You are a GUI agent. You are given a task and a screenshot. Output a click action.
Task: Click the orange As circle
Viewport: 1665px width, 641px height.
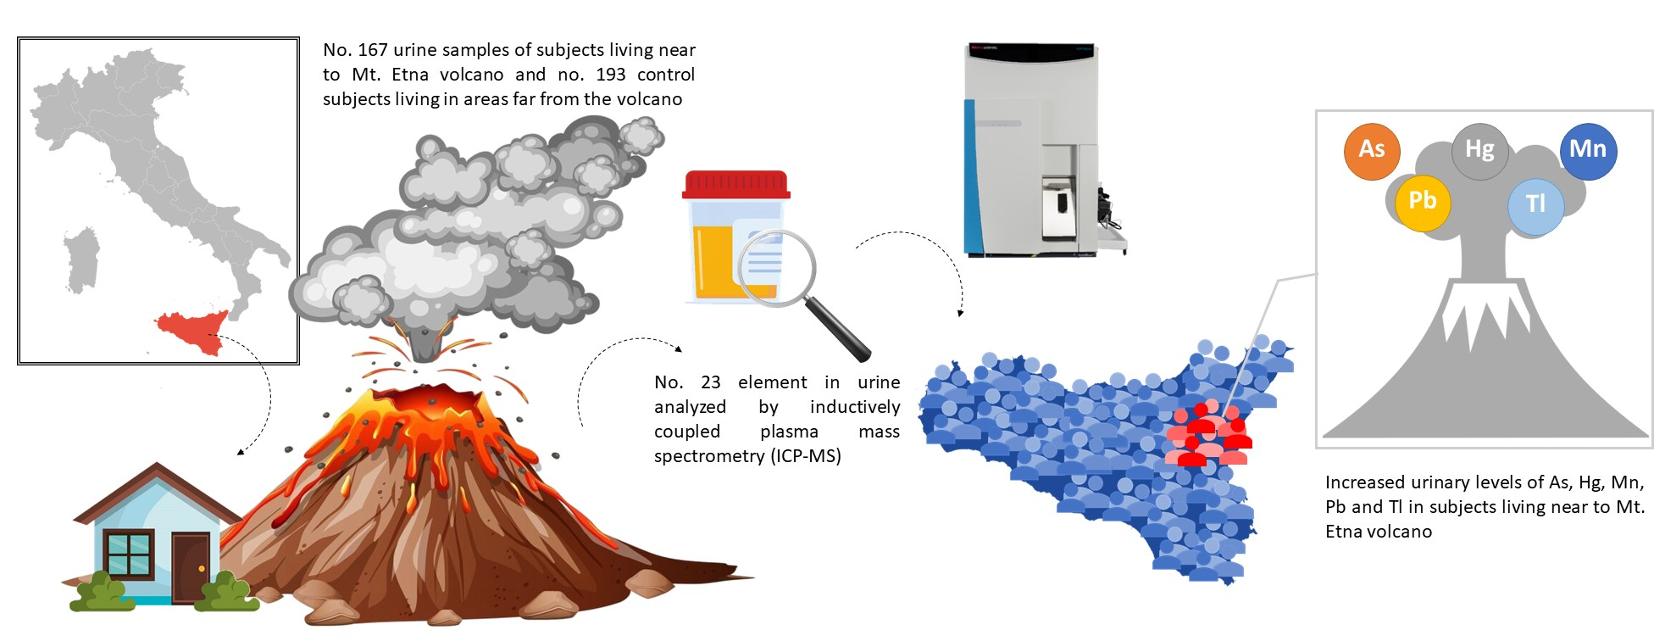pos(1371,151)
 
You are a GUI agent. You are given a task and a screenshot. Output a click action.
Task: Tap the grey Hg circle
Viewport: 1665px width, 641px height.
pos(1479,151)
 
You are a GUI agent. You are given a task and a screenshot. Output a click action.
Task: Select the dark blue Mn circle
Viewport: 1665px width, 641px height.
pos(1588,151)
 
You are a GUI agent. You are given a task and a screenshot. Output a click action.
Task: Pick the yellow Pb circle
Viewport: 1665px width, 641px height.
pos(1422,202)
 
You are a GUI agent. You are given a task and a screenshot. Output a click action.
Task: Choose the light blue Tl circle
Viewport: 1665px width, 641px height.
pos(1535,205)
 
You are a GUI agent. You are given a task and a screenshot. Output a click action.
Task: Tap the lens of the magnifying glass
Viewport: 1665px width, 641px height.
pos(776,268)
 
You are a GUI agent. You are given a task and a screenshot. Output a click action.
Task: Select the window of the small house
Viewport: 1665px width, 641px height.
pos(128,554)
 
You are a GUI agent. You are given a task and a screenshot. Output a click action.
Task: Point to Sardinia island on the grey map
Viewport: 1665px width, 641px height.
pos(81,259)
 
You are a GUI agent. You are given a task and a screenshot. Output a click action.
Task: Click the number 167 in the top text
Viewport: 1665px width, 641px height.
pos(372,50)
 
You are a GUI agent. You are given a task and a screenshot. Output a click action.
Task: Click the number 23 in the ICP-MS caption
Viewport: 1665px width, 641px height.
pos(710,382)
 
